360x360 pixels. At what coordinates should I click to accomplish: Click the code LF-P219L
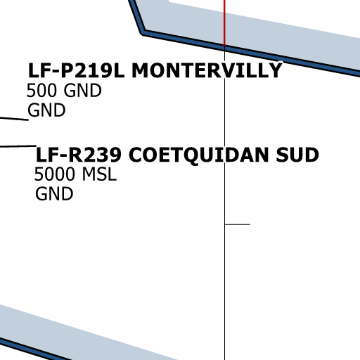[x=76, y=70]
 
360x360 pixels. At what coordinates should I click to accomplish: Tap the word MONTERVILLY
[x=207, y=70]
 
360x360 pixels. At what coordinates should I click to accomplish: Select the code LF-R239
[x=79, y=155]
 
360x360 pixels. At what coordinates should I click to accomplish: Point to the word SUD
[x=297, y=155]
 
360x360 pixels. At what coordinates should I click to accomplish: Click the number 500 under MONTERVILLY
[x=41, y=90]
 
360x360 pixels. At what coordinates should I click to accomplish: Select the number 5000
[x=55, y=174]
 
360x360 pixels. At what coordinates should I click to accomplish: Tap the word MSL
[x=99, y=174]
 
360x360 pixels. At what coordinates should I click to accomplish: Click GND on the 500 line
[x=82, y=90]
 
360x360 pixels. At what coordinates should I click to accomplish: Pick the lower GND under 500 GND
[x=46, y=110]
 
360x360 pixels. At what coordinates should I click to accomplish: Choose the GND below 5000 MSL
[x=54, y=193]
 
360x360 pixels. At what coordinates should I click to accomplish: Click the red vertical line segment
[x=224, y=22]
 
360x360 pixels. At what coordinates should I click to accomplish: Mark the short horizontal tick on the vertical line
[x=237, y=224]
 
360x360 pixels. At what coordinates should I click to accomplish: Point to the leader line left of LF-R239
[x=18, y=146]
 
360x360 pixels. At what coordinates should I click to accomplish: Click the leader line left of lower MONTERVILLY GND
[x=14, y=119]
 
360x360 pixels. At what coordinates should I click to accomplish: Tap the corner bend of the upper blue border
[x=143, y=32]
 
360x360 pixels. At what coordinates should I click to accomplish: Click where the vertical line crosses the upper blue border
[x=224, y=49]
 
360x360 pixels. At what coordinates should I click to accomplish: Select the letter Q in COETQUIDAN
[x=191, y=155]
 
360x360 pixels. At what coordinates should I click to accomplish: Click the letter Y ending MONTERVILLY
[x=275, y=70]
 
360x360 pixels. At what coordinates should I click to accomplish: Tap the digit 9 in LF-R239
[x=115, y=155]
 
